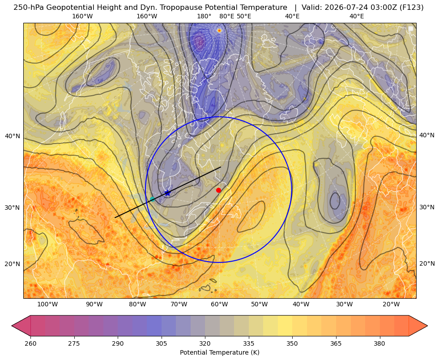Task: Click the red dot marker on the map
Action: point(218,190)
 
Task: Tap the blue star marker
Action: point(167,193)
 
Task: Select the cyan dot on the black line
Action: point(152,199)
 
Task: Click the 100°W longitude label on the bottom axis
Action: point(47,305)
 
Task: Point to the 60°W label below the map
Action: point(219,305)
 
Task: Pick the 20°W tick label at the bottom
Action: point(391,305)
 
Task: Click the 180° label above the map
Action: point(204,16)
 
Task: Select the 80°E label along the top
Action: point(227,16)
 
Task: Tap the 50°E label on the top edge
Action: point(244,16)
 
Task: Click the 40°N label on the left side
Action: point(13,136)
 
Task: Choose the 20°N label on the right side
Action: point(427,263)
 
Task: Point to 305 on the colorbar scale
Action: point(161,343)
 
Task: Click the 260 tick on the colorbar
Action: point(30,343)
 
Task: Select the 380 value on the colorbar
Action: point(379,343)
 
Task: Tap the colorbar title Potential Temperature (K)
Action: point(219,352)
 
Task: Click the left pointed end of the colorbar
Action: point(12,326)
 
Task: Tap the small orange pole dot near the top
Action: point(219,30)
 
